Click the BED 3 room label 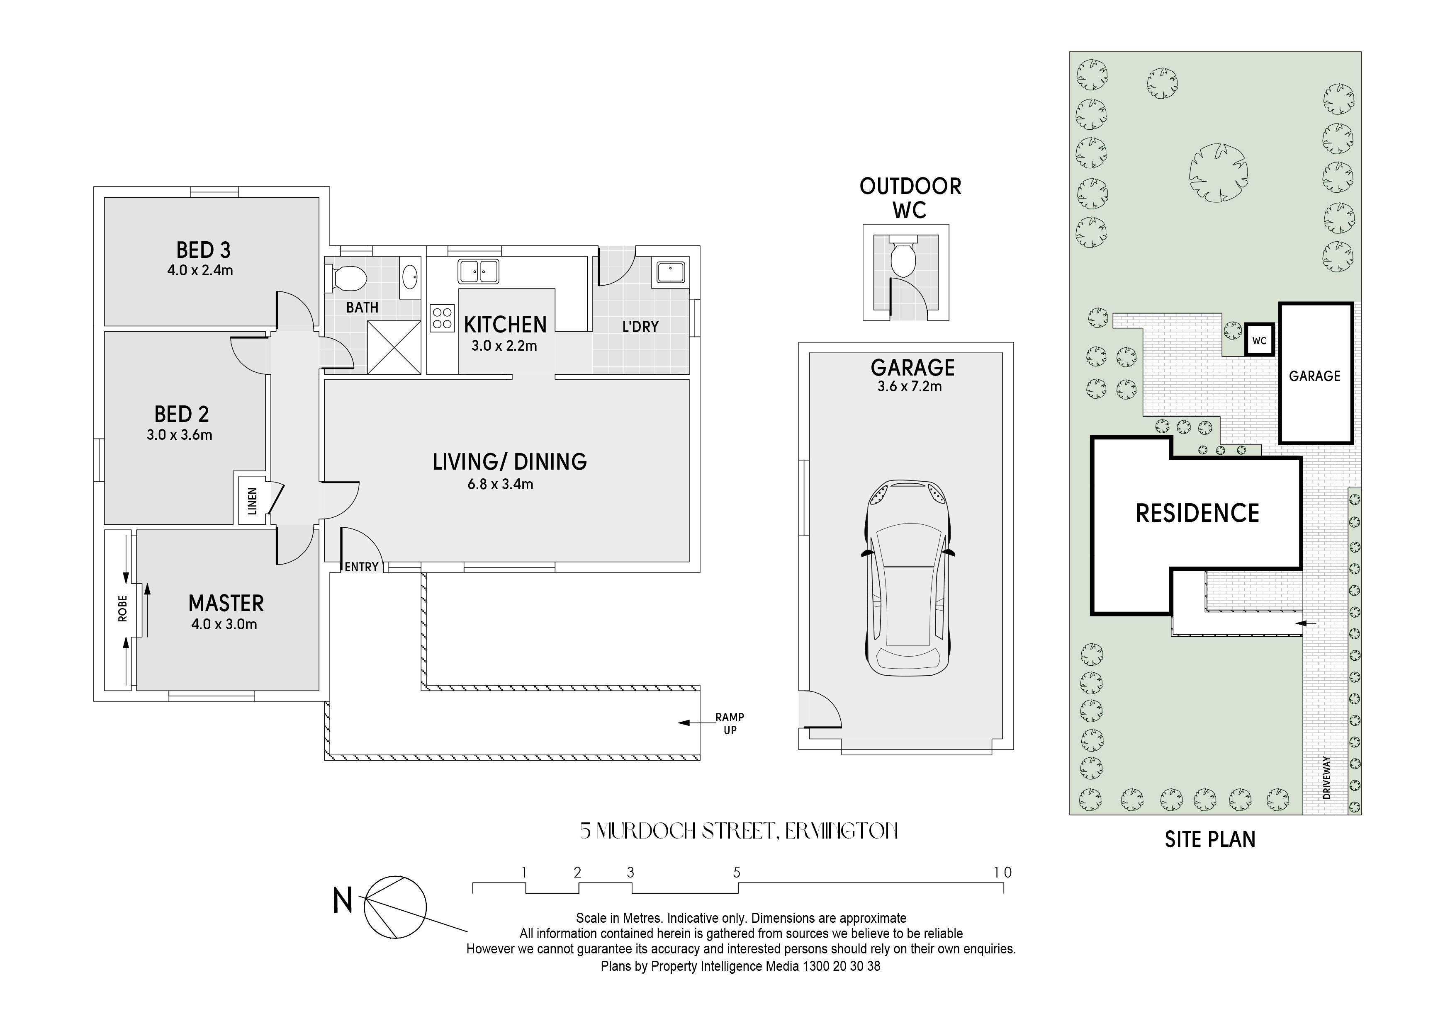pos(203,250)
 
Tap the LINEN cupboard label pos(252,501)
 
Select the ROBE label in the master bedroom pos(122,608)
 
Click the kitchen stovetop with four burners pos(442,318)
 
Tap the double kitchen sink pos(479,271)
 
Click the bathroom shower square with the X pos(394,347)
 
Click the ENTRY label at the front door pos(361,567)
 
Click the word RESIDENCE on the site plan pos(1197,513)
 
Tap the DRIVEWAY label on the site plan pos(1327,777)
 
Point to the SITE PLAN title pos(1210,839)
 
